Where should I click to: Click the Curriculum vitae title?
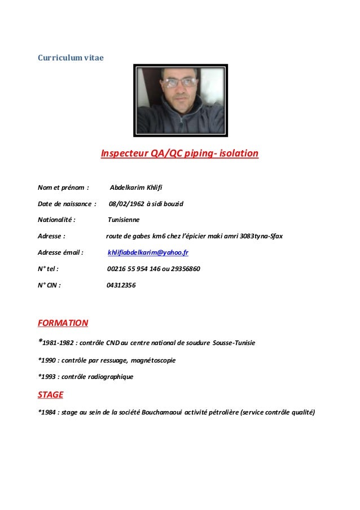[71, 58]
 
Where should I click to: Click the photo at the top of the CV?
[180, 101]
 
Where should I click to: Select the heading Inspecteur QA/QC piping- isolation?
[179, 153]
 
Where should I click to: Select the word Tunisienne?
[124, 220]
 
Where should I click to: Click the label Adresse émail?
[60, 252]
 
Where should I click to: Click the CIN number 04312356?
[121, 285]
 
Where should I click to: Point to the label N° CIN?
[50, 285]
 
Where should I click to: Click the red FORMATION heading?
[63, 324]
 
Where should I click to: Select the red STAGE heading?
[50, 394]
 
